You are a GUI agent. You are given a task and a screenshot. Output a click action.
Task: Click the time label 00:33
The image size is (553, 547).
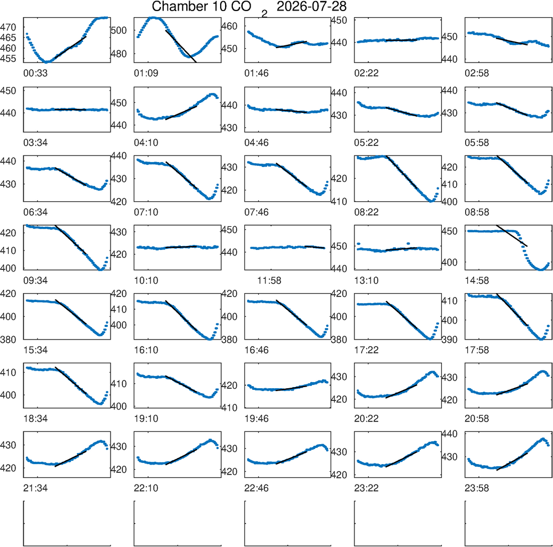click(x=35, y=74)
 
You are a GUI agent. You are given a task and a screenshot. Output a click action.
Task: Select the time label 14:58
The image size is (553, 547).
click(x=477, y=281)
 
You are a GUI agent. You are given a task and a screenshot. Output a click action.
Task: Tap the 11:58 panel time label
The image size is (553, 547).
click(x=269, y=281)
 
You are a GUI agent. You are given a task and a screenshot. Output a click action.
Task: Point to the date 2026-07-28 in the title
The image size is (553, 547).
click(x=311, y=6)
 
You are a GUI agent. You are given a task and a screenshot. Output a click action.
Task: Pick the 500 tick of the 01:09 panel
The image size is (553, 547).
click(x=119, y=30)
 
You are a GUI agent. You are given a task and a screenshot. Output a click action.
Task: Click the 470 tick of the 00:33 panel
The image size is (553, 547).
click(x=8, y=27)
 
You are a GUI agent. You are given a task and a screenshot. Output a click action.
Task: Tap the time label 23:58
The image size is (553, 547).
click(x=477, y=488)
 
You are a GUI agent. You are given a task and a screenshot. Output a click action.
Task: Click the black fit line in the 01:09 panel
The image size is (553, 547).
click(x=181, y=46)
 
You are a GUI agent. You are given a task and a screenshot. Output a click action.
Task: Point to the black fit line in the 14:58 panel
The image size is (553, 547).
click(x=512, y=236)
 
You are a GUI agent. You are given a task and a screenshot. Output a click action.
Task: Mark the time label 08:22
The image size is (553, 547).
click(x=367, y=212)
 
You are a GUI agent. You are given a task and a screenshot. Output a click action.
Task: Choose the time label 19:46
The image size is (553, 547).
click(x=257, y=419)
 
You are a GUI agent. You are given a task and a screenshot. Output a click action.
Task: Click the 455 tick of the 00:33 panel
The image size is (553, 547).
click(x=8, y=59)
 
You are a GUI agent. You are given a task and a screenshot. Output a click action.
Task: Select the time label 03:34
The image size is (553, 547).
click(x=35, y=143)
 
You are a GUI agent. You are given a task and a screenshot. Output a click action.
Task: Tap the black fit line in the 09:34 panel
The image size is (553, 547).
click(x=71, y=239)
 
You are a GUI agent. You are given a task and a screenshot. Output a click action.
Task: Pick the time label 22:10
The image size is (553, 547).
click(x=146, y=488)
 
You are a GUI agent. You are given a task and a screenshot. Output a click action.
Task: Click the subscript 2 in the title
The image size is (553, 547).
click(x=264, y=14)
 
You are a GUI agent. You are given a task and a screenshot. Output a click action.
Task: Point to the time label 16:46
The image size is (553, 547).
click(x=257, y=350)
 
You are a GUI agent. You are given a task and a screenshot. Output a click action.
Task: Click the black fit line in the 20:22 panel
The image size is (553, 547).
click(x=401, y=391)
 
